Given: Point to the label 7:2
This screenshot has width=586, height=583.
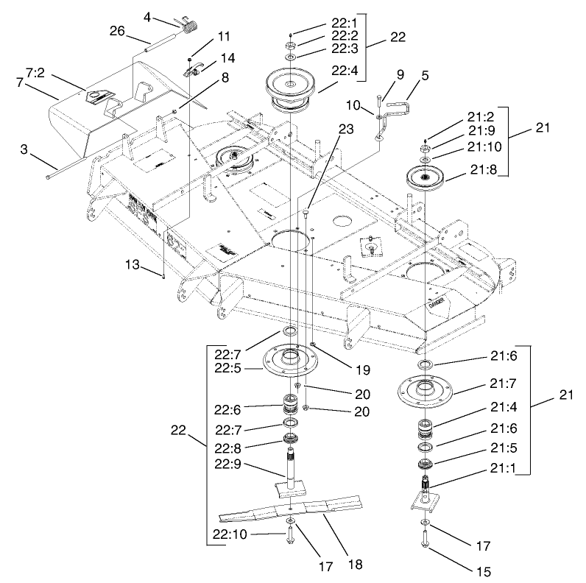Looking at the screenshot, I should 37,74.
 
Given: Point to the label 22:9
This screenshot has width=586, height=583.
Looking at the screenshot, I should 230,464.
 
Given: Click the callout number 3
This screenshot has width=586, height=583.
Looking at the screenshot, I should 24,150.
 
